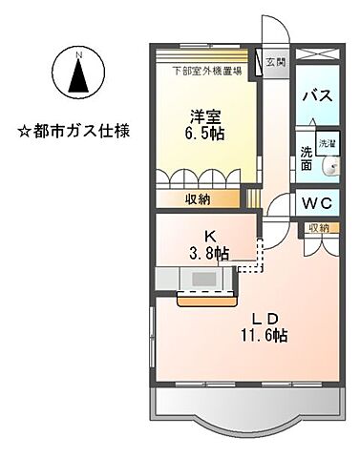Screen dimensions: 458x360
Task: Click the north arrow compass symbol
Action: pyautogui.click(x=81, y=73)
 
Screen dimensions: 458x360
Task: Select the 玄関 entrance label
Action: pyautogui.click(x=275, y=63)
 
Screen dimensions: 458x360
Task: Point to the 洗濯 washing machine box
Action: pyautogui.click(x=326, y=143)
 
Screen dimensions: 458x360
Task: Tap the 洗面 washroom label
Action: pyautogui.click(x=306, y=157)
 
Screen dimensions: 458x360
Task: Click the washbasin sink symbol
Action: pyautogui.click(x=330, y=168)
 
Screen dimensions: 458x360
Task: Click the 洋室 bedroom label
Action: pyautogui.click(x=201, y=115)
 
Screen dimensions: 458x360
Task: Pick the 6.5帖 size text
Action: pyautogui.click(x=201, y=135)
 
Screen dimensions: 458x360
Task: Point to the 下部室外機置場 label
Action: pyautogui.click(x=206, y=70)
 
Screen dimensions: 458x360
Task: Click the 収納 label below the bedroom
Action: pyautogui.click(x=198, y=200)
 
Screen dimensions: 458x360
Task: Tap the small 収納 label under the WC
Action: pyautogui.click(x=318, y=228)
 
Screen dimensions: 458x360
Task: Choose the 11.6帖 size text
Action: pyautogui.click(x=266, y=336)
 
